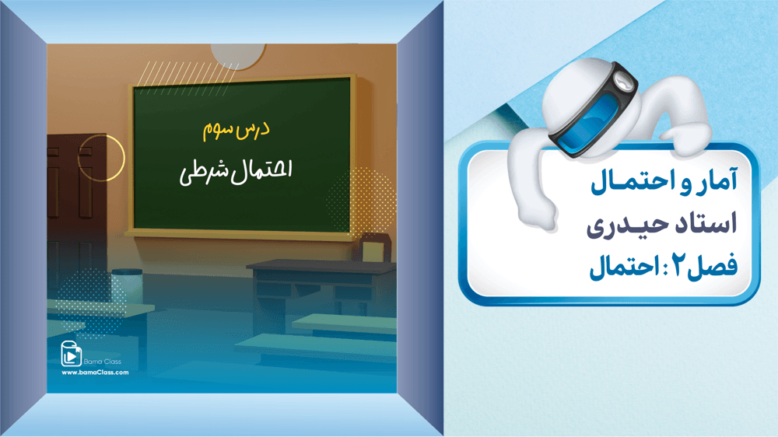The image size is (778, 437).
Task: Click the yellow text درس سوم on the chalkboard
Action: pos(237,131)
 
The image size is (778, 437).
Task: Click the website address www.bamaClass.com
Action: pos(95,372)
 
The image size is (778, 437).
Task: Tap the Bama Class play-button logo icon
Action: pos(71,354)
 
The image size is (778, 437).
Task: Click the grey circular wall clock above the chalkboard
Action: pos(237,55)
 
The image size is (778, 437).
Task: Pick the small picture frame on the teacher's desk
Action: pos(375,247)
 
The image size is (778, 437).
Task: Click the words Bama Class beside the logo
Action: pos(102,362)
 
